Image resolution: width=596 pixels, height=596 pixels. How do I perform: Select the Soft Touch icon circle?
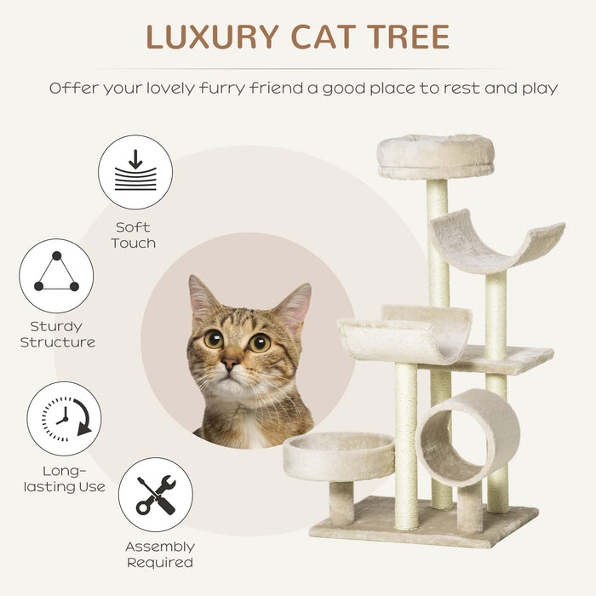pyautogui.click(x=135, y=172)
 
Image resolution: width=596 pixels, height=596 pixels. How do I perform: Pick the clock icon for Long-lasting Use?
pyautogui.click(x=64, y=418)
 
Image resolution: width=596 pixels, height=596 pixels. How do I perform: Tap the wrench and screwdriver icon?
pyautogui.click(x=156, y=495)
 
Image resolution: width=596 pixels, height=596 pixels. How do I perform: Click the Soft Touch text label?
pyautogui.click(x=134, y=235)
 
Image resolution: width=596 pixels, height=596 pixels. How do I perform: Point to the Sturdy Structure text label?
pyautogui.click(x=57, y=334)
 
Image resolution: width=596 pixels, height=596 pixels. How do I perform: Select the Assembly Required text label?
pyautogui.click(x=159, y=554)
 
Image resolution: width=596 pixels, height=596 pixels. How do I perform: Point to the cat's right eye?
pyautogui.click(x=260, y=342)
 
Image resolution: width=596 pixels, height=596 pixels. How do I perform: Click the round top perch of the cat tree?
pyautogui.click(x=436, y=155)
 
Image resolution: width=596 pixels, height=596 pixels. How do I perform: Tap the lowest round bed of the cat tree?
pyautogui.click(x=339, y=455)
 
